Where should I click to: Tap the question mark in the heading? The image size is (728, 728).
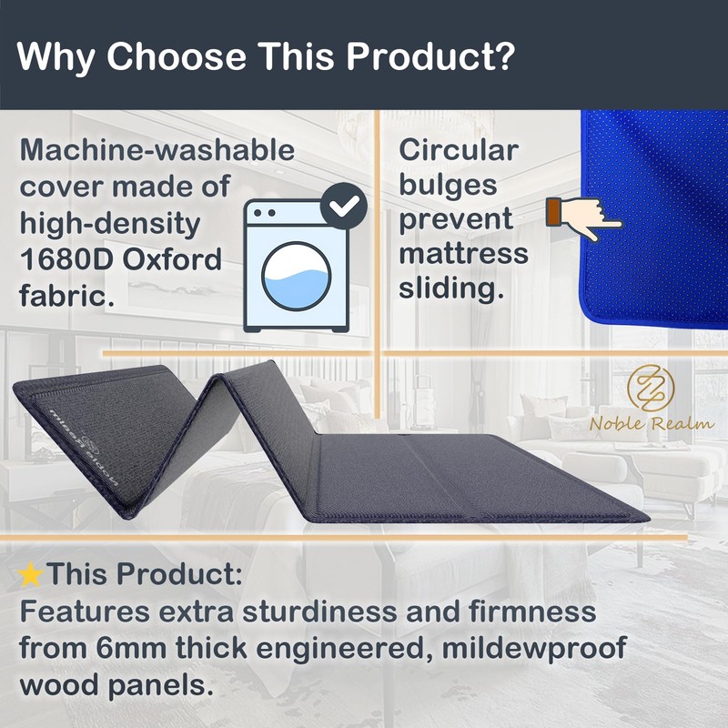pyautogui.click(x=505, y=56)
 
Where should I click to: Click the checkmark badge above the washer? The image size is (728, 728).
pyautogui.click(x=344, y=206)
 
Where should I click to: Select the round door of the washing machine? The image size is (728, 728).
pyautogui.click(x=296, y=276)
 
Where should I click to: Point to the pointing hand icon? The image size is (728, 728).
pyautogui.click(x=583, y=217)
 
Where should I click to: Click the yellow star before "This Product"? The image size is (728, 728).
pyautogui.click(x=31, y=574)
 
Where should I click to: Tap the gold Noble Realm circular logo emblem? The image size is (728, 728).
pyautogui.click(x=650, y=389)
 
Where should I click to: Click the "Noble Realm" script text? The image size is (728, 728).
pyautogui.click(x=652, y=423)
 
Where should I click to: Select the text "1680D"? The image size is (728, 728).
pyautogui.click(x=66, y=259)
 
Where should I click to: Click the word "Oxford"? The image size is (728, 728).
pyautogui.click(x=172, y=259)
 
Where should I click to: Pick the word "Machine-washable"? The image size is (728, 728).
pyautogui.click(x=157, y=150)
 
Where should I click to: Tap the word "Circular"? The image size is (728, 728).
pyautogui.click(x=459, y=150)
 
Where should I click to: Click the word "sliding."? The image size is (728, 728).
pyautogui.click(x=451, y=288)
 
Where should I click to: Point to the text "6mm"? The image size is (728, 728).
pyautogui.click(x=132, y=648)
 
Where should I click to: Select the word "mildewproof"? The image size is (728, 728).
pyautogui.click(x=534, y=649)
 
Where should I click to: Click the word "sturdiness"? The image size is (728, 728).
pyautogui.click(x=319, y=612)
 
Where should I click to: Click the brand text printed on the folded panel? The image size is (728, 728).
pyautogui.click(x=84, y=448)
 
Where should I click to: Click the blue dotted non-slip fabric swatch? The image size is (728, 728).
pyautogui.click(x=653, y=218)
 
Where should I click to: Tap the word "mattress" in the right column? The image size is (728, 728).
pyautogui.click(x=463, y=254)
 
